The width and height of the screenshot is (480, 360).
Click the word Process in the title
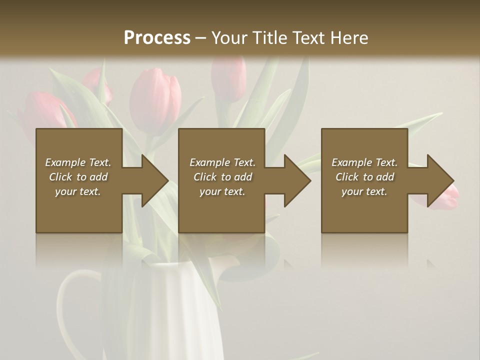pos(157,38)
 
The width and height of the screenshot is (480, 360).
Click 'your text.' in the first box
pos(78,191)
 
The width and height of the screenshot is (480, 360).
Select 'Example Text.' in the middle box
pos(222,162)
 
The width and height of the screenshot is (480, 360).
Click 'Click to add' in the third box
pos(364,177)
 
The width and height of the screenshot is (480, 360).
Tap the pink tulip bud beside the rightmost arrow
pos(447,197)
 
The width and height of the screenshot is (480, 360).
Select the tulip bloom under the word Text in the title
pos(228,80)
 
